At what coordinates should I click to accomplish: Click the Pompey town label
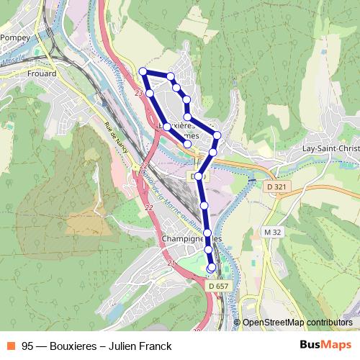coord(14,37)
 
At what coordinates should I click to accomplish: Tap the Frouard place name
coord(41,73)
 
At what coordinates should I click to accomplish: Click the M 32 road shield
coord(271,232)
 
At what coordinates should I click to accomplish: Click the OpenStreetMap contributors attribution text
coord(297,323)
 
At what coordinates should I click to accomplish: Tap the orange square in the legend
coord(12,346)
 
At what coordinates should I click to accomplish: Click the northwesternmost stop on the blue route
coord(143,71)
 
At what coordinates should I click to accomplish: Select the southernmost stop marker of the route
coord(211,268)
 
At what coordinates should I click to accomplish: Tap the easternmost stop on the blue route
coord(217,135)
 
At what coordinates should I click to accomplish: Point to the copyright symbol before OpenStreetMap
coord(238,323)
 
